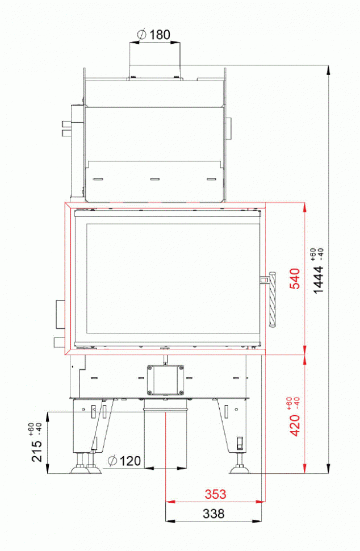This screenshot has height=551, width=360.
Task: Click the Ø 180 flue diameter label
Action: [154, 35]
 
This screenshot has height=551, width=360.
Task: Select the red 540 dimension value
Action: [295, 279]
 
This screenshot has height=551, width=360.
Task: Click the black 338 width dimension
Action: [214, 514]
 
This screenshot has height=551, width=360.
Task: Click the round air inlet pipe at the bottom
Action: [165, 437]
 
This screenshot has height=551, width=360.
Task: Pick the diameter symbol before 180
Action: [142, 35]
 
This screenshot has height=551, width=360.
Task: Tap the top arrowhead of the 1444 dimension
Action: [329, 69]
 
